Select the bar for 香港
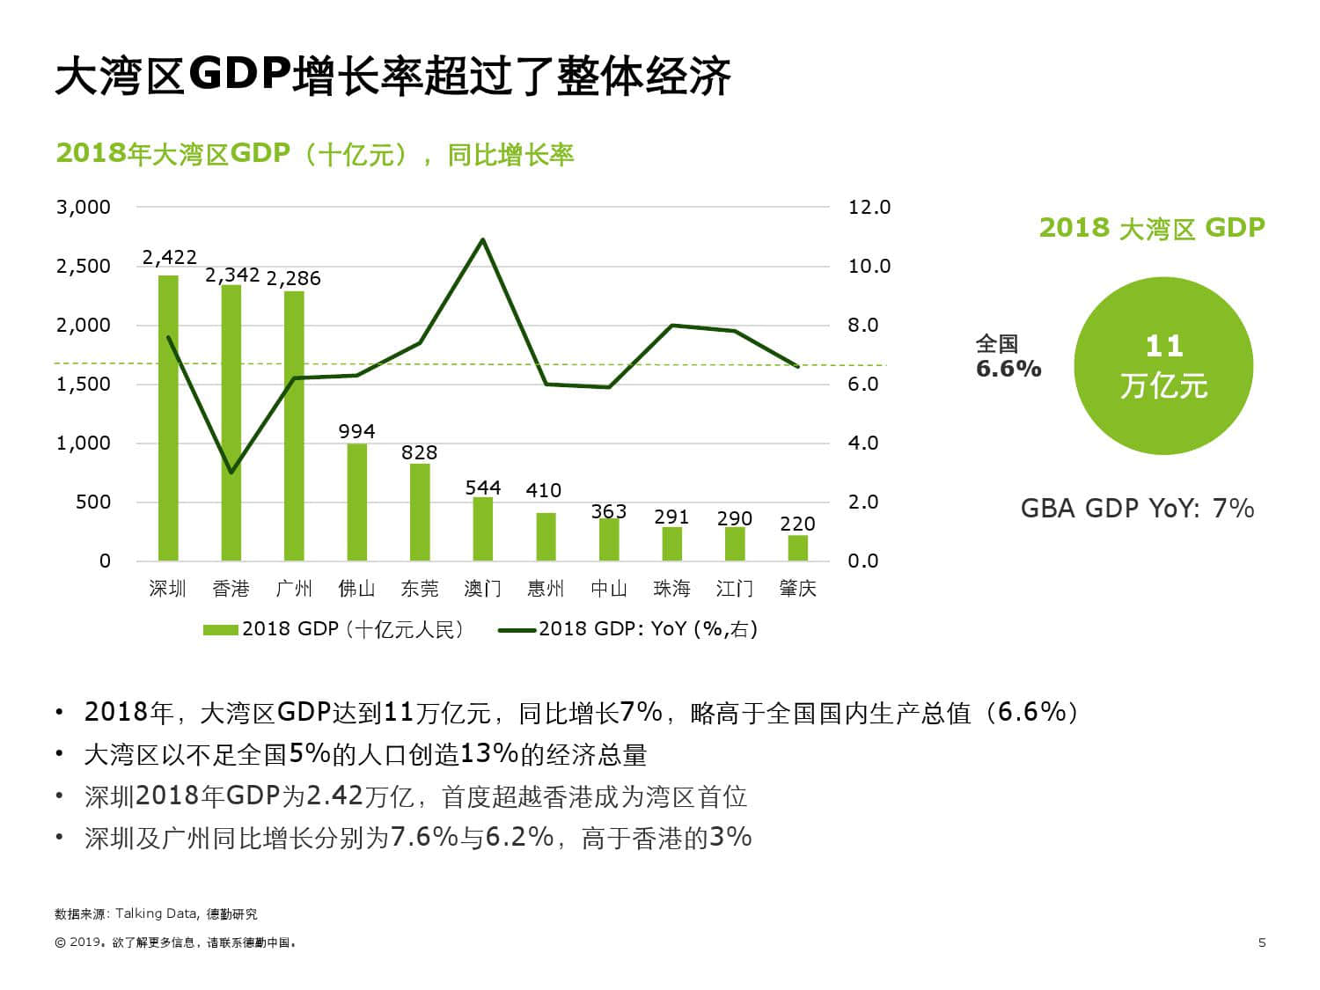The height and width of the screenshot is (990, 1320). pyautogui.click(x=231, y=422)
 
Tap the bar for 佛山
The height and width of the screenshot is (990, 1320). pyautogui.click(x=356, y=502)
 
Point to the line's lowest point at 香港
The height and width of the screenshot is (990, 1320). pyautogui.click(x=231, y=473)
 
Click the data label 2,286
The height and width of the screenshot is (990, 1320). pyautogui.click(x=293, y=279)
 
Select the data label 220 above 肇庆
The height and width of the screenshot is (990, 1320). pyautogui.click(x=797, y=524)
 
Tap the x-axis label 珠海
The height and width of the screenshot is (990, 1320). pyautogui.click(x=671, y=589)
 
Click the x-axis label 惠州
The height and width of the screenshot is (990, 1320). pyautogui.click(x=546, y=589)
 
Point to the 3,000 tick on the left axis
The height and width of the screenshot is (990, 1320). pyautogui.click(x=84, y=208)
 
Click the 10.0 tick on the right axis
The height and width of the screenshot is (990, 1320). pyautogui.click(x=869, y=267)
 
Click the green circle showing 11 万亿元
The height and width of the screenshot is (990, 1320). pyautogui.click(x=1163, y=366)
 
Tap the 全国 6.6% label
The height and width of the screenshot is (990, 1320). pyautogui.click(x=1008, y=357)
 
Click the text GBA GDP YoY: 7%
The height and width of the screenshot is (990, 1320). pyautogui.click(x=1137, y=509)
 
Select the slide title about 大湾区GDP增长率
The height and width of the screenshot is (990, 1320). pyautogui.click(x=392, y=77)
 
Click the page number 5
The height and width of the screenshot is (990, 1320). pyautogui.click(x=1262, y=942)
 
